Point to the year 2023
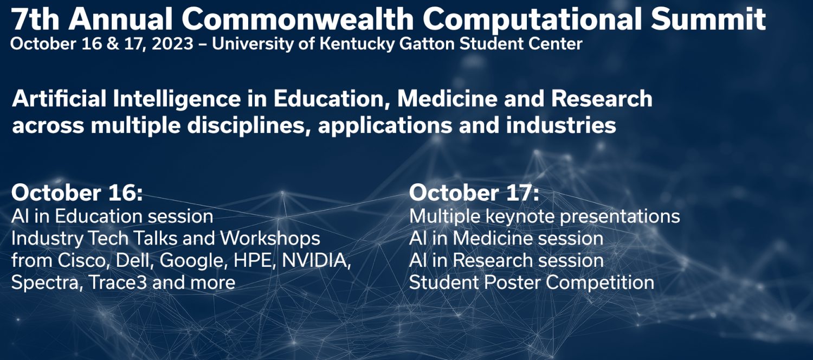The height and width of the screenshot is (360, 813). tap(172, 44)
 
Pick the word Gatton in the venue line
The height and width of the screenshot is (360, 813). tap(427, 44)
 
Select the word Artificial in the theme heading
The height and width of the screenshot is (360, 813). tap(59, 99)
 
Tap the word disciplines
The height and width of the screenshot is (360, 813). tap(246, 126)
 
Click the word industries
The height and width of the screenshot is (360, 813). tap(561, 125)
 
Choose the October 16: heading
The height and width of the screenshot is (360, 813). tap(77, 192)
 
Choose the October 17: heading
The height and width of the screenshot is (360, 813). tap(474, 192)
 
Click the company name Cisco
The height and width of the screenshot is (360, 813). tap(83, 261)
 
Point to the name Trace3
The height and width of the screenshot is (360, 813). tap(117, 282)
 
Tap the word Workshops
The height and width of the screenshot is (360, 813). tap(270, 239)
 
